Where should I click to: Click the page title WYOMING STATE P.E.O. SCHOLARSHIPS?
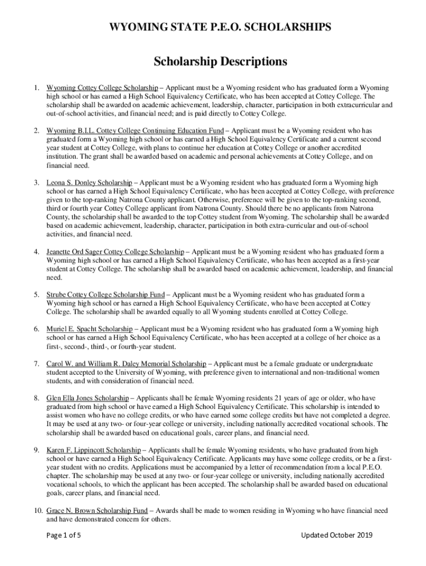212,27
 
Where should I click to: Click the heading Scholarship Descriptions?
212,61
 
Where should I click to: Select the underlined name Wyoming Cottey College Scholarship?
102,88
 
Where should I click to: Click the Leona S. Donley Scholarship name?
89,182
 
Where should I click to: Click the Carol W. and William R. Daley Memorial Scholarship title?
126,364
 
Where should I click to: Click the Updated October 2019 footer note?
336,535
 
